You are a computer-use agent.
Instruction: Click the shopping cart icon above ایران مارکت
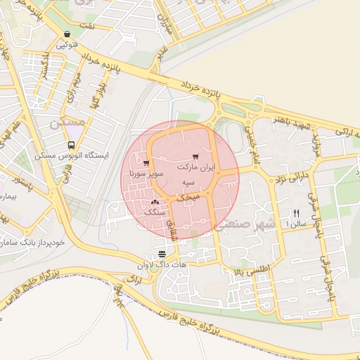pos(195,157)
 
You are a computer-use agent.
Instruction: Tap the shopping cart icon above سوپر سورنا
pos(146,163)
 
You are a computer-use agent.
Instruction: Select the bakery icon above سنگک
pos(154,202)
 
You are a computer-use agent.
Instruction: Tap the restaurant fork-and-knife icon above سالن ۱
pos(296,213)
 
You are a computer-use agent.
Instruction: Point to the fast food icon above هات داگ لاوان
pos(162,253)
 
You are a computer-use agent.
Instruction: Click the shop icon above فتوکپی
pos(66,34)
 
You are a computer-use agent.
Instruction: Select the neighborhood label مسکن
pos(68,122)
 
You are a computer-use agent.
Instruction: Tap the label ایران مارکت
pos(197,169)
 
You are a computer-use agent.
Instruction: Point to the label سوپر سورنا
pos(147,172)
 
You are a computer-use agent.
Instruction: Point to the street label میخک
pos(187,199)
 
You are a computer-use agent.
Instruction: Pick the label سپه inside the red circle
pos(188,182)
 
